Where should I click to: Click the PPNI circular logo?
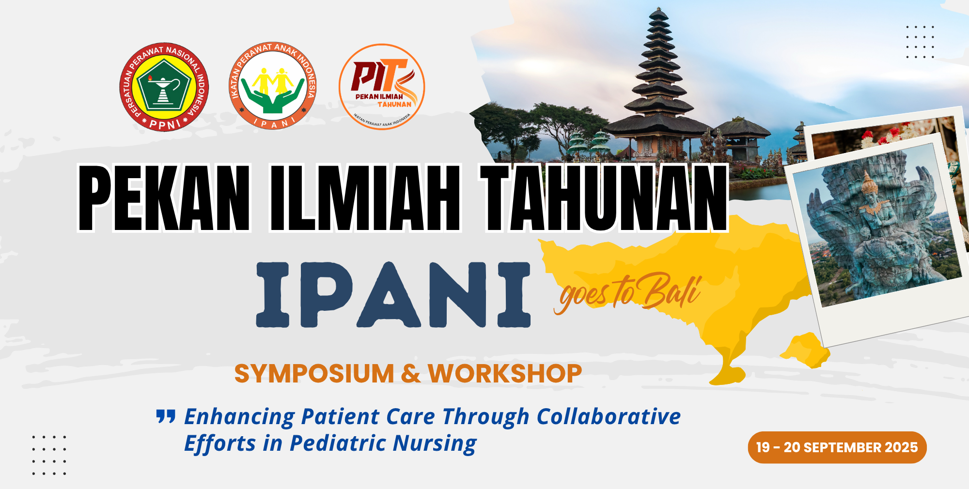(164, 87)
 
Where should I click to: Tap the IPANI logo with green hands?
(272, 86)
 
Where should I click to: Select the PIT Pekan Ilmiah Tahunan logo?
(382, 87)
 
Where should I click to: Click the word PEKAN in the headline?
(164, 198)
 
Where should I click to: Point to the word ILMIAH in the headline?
(365, 198)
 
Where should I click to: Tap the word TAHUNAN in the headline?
(604, 198)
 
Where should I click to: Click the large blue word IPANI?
(393, 295)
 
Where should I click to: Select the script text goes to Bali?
(628, 292)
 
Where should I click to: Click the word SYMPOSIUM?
(314, 374)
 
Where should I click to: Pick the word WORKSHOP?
(505, 374)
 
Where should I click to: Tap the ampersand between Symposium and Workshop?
(411, 374)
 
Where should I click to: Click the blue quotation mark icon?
(166, 416)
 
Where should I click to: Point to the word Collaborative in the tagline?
(609, 416)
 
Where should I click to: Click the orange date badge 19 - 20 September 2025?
(837, 447)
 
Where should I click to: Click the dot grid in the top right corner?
(920, 42)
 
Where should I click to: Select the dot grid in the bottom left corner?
(49, 455)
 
